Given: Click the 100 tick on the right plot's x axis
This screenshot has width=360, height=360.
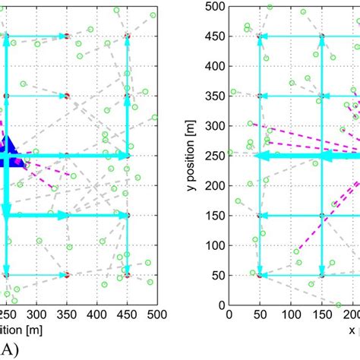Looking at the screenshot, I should [291, 314].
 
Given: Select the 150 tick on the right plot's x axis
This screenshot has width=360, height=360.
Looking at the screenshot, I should [322, 314].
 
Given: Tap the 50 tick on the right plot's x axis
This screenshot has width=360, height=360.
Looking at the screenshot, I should [261, 314].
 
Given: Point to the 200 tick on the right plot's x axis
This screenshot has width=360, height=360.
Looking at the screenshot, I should [351, 314].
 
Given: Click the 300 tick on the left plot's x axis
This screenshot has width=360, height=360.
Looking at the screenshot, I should [37, 314].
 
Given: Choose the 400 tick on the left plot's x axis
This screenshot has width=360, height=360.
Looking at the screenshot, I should [96, 314].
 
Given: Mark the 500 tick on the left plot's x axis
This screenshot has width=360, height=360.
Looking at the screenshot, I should [156, 314].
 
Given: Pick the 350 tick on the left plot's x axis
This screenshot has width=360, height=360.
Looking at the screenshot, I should [67, 314].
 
